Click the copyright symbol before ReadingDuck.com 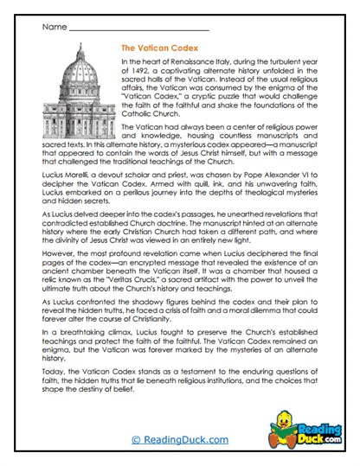[x=137, y=440]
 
